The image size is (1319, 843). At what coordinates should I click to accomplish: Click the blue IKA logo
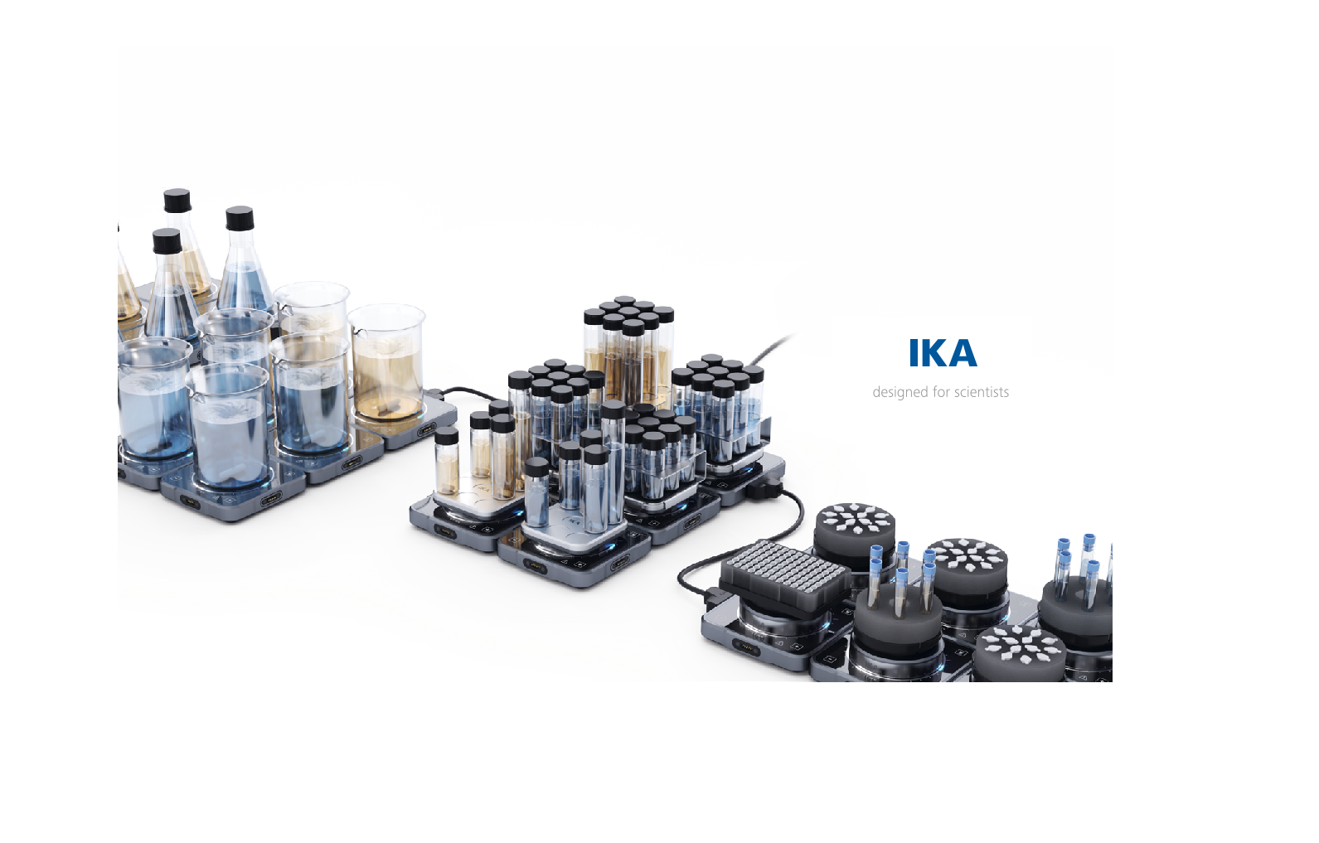942,353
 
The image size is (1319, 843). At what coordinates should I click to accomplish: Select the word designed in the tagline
900,392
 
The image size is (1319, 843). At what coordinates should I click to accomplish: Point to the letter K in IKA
937,353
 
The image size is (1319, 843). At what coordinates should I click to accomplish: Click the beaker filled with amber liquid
386,365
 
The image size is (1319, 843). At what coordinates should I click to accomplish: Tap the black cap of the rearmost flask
177,200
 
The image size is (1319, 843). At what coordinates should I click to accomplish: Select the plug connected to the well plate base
713,595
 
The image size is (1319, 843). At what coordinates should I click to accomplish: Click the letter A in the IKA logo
962,353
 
